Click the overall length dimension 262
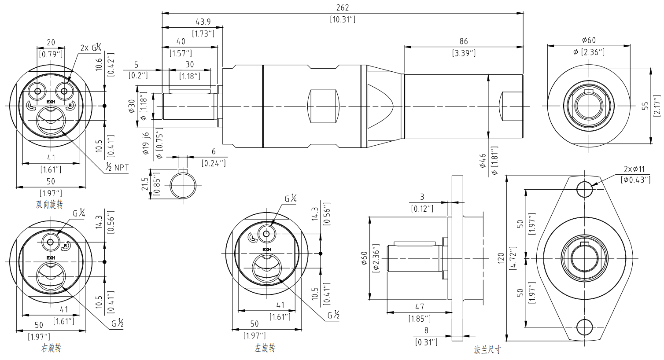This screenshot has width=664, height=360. point(342,7)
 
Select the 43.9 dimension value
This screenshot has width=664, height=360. point(203,22)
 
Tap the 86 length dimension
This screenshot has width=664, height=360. point(463,42)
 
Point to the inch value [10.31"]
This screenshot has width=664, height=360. point(342,19)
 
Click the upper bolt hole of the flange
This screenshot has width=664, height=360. point(585,189)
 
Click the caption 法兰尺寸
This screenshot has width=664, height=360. point(487,350)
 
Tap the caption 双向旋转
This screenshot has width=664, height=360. point(49,204)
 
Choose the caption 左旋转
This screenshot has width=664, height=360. point(265,348)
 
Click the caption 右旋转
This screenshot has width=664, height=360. point(51,348)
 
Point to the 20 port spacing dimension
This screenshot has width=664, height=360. point(51,42)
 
